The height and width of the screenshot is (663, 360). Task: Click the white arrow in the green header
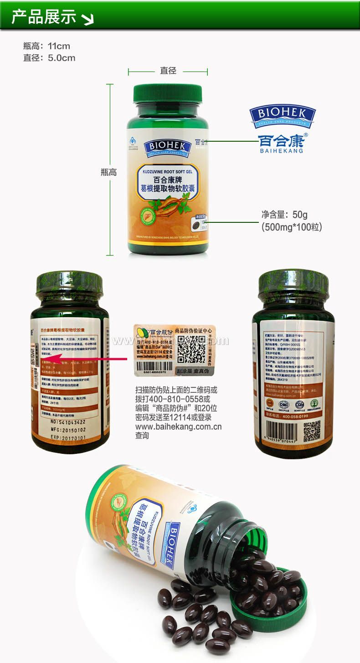[87, 19]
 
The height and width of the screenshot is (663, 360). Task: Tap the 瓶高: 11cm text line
[47, 46]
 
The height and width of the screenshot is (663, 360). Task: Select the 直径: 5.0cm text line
[49, 58]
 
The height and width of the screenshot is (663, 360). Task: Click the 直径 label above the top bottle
[168, 71]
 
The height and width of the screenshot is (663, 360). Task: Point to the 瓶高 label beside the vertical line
[108, 172]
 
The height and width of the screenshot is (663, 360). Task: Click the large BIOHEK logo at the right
[283, 117]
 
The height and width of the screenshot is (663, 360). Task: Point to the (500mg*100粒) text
[292, 226]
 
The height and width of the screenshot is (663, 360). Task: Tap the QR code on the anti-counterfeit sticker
[190, 348]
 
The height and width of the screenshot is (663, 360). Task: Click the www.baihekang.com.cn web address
[178, 427]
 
